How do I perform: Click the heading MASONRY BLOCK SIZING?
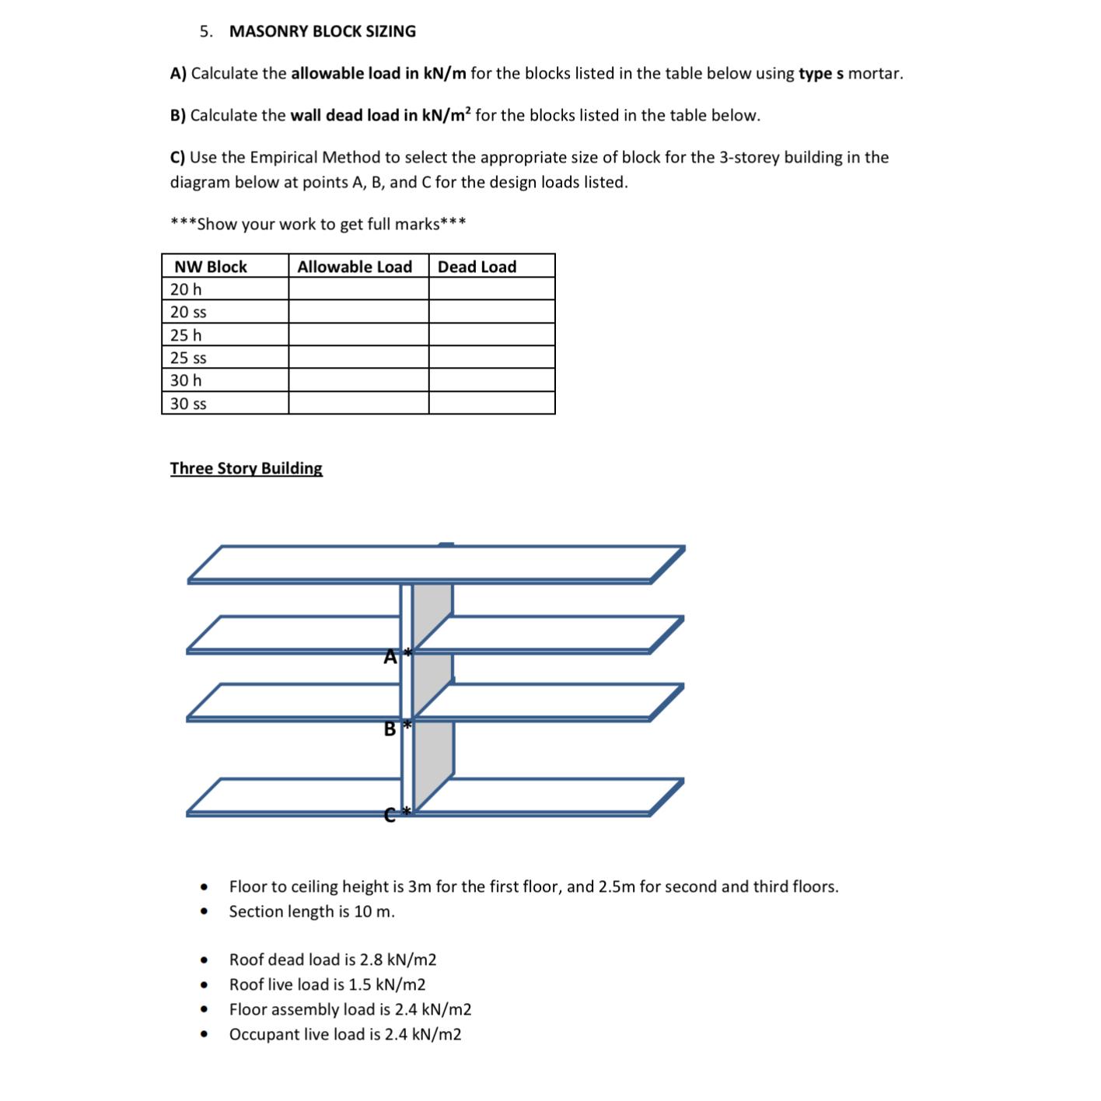pyautogui.click(x=322, y=32)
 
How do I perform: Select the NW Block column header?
pyautogui.click(x=210, y=267)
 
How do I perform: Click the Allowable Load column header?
pyautogui.click(x=355, y=267)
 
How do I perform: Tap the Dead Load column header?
pyautogui.click(x=477, y=267)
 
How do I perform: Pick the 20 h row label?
pyautogui.click(x=186, y=289)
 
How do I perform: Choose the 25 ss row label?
pyautogui.click(x=188, y=358)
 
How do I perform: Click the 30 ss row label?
pyautogui.click(x=188, y=404)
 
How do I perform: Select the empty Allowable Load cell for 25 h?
pyautogui.click(x=358, y=335)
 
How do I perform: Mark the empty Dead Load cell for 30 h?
pyautogui.click(x=491, y=380)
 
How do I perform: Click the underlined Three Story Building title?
pyautogui.click(x=246, y=468)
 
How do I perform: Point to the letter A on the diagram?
pyautogui.click(x=390, y=658)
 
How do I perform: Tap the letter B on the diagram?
pyautogui.click(x=390, y=729)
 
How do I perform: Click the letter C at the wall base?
pyautogui.click(x=390, y=814)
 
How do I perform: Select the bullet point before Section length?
pyautogui.click(x=204, y=912)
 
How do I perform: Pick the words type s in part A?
pyautogui.click(x=820, y=74)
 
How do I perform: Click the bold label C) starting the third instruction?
pyautogui.click(x=177, y=158)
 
